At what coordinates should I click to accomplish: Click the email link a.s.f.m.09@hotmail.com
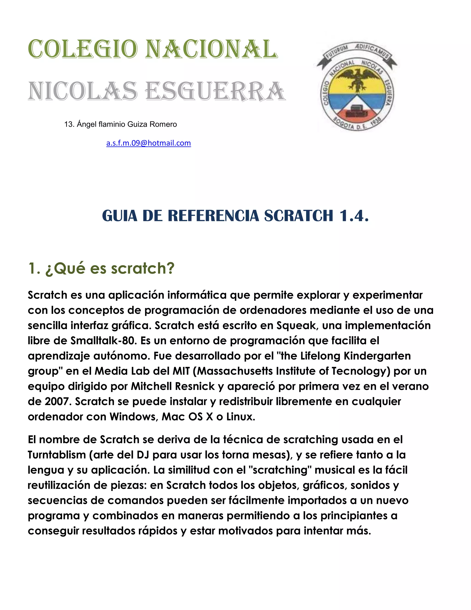pyautogui.click(x=148, y=143)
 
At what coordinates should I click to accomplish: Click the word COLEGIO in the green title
pyautogui.click(x=83, y=49)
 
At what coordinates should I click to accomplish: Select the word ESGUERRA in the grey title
pyautogui.click(x=215, y=91)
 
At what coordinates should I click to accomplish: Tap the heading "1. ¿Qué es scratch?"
pyautogui.click(x=101, y=268)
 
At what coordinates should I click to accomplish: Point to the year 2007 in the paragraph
pyautogui.click(x=58, y=402)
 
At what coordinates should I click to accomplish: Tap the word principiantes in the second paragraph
pyautogui.click(x=354, y=516)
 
